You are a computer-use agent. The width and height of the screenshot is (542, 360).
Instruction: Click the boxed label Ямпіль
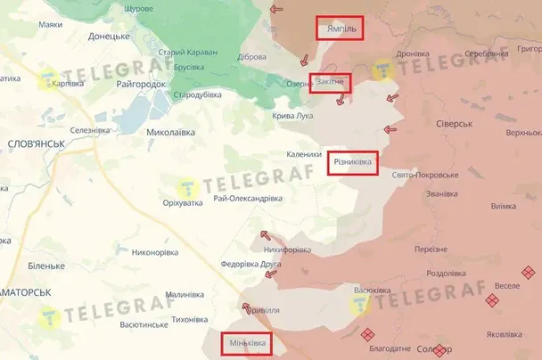[340, 29]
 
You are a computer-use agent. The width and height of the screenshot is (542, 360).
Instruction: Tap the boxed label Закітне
[331, 84]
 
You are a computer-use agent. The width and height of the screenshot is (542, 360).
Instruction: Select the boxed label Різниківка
[353, 162]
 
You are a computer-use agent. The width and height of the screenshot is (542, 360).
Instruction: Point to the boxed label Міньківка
[245, 343]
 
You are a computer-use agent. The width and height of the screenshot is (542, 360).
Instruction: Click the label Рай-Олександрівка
[248, 198]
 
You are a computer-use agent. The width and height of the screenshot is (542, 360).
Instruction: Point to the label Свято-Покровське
[423, 175]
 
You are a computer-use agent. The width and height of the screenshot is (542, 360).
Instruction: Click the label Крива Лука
[292, 116]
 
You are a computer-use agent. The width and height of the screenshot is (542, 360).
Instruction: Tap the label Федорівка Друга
[250, 265]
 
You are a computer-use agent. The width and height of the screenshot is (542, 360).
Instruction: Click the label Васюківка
[373, 290]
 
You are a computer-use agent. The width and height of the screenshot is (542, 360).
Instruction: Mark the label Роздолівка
[449, 274]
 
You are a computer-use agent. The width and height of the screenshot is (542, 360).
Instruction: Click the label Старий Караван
[188, 53]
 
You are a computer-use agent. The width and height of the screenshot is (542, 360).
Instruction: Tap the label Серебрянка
[486, 53]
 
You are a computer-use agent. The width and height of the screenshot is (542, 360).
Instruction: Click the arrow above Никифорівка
[264, 236]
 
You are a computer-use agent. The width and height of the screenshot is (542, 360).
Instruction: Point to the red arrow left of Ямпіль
[276, 10]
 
